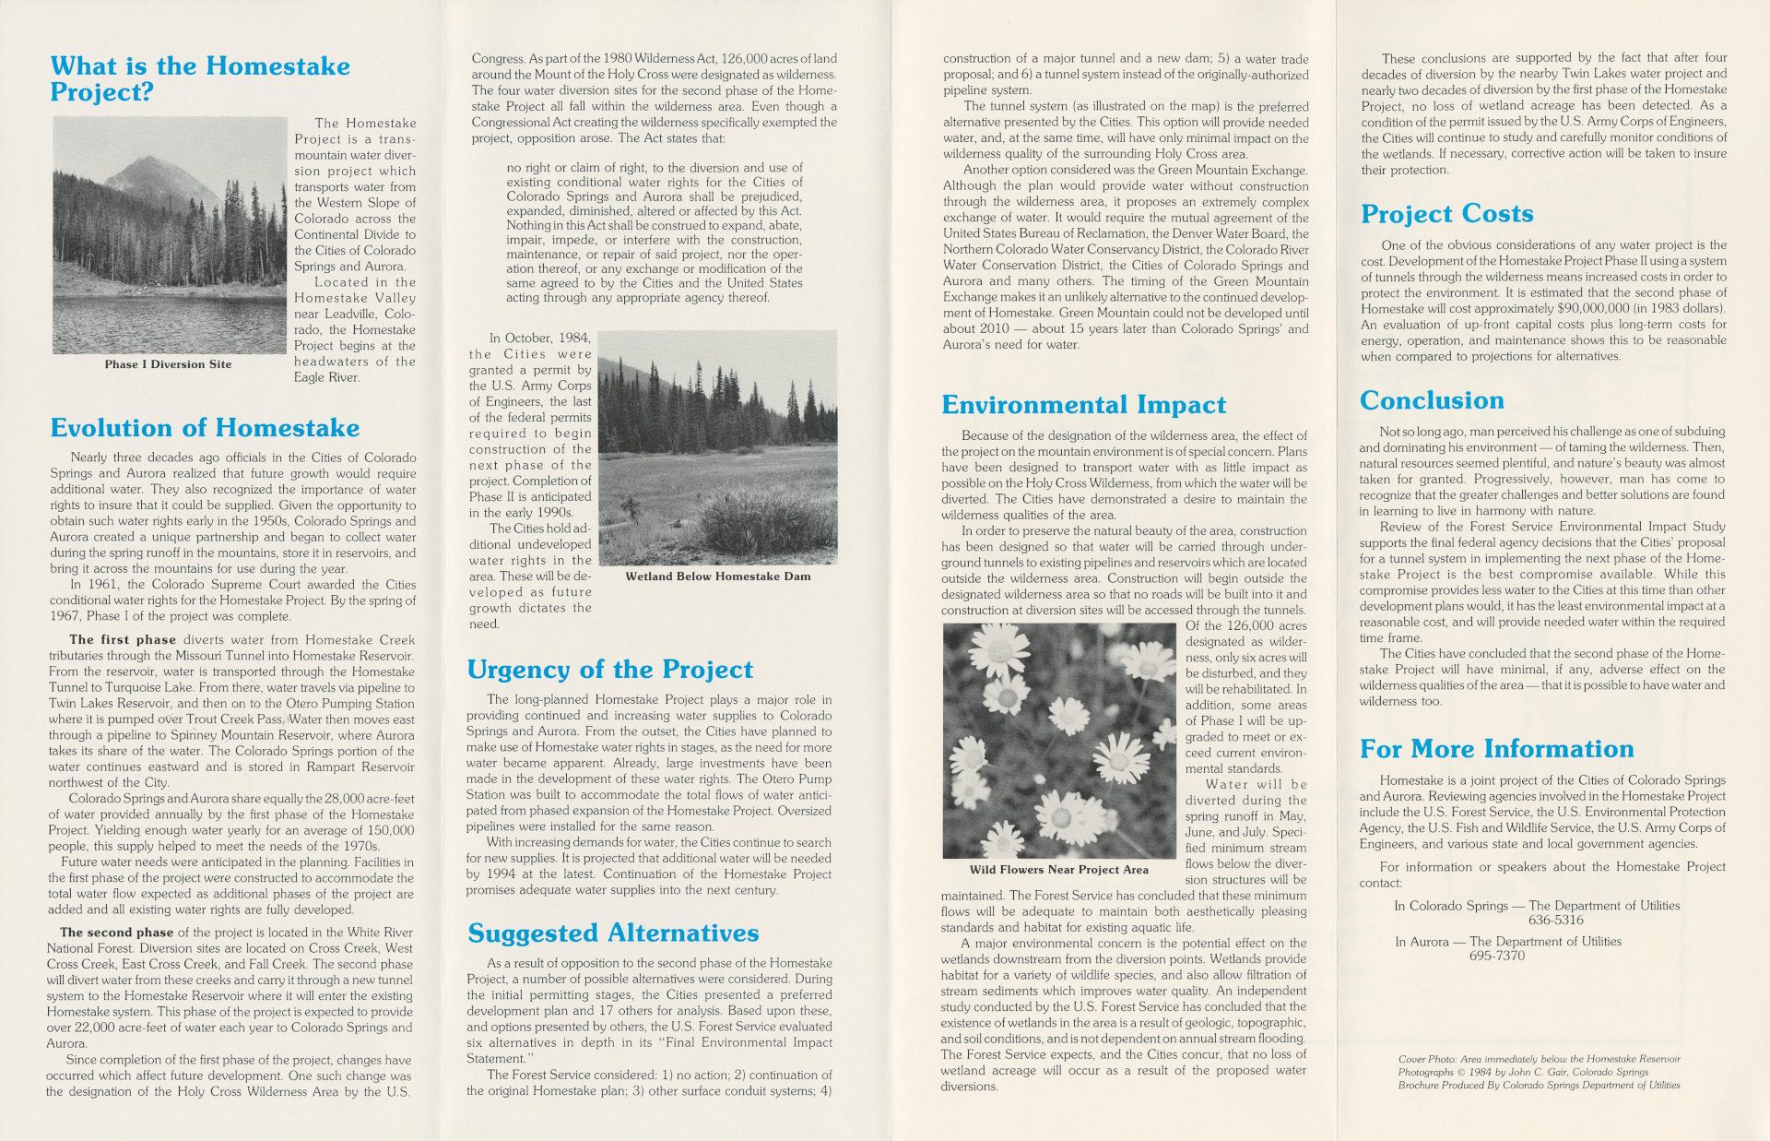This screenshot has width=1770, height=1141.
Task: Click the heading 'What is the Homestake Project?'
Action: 200,78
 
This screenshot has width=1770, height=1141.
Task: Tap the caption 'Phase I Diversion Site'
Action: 168,364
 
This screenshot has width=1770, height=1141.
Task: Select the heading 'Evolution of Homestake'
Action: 205,428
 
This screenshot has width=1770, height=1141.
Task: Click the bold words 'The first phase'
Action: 123,640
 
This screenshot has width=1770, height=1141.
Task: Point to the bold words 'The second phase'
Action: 116,933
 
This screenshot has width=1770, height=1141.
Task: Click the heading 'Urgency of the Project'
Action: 609,670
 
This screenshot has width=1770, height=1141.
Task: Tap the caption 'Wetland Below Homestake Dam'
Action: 718,576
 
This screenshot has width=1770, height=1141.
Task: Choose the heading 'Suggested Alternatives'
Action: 612,933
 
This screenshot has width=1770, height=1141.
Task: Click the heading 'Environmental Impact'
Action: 1083,405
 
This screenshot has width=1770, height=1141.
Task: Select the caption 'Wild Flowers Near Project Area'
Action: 1058,870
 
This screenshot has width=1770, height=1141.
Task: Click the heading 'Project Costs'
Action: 1446,214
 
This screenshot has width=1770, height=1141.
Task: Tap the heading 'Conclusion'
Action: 1432,400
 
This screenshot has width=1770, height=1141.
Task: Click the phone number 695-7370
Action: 1497,956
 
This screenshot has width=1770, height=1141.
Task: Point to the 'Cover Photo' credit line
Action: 1539,1059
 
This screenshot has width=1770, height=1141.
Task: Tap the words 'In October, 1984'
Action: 539,339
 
